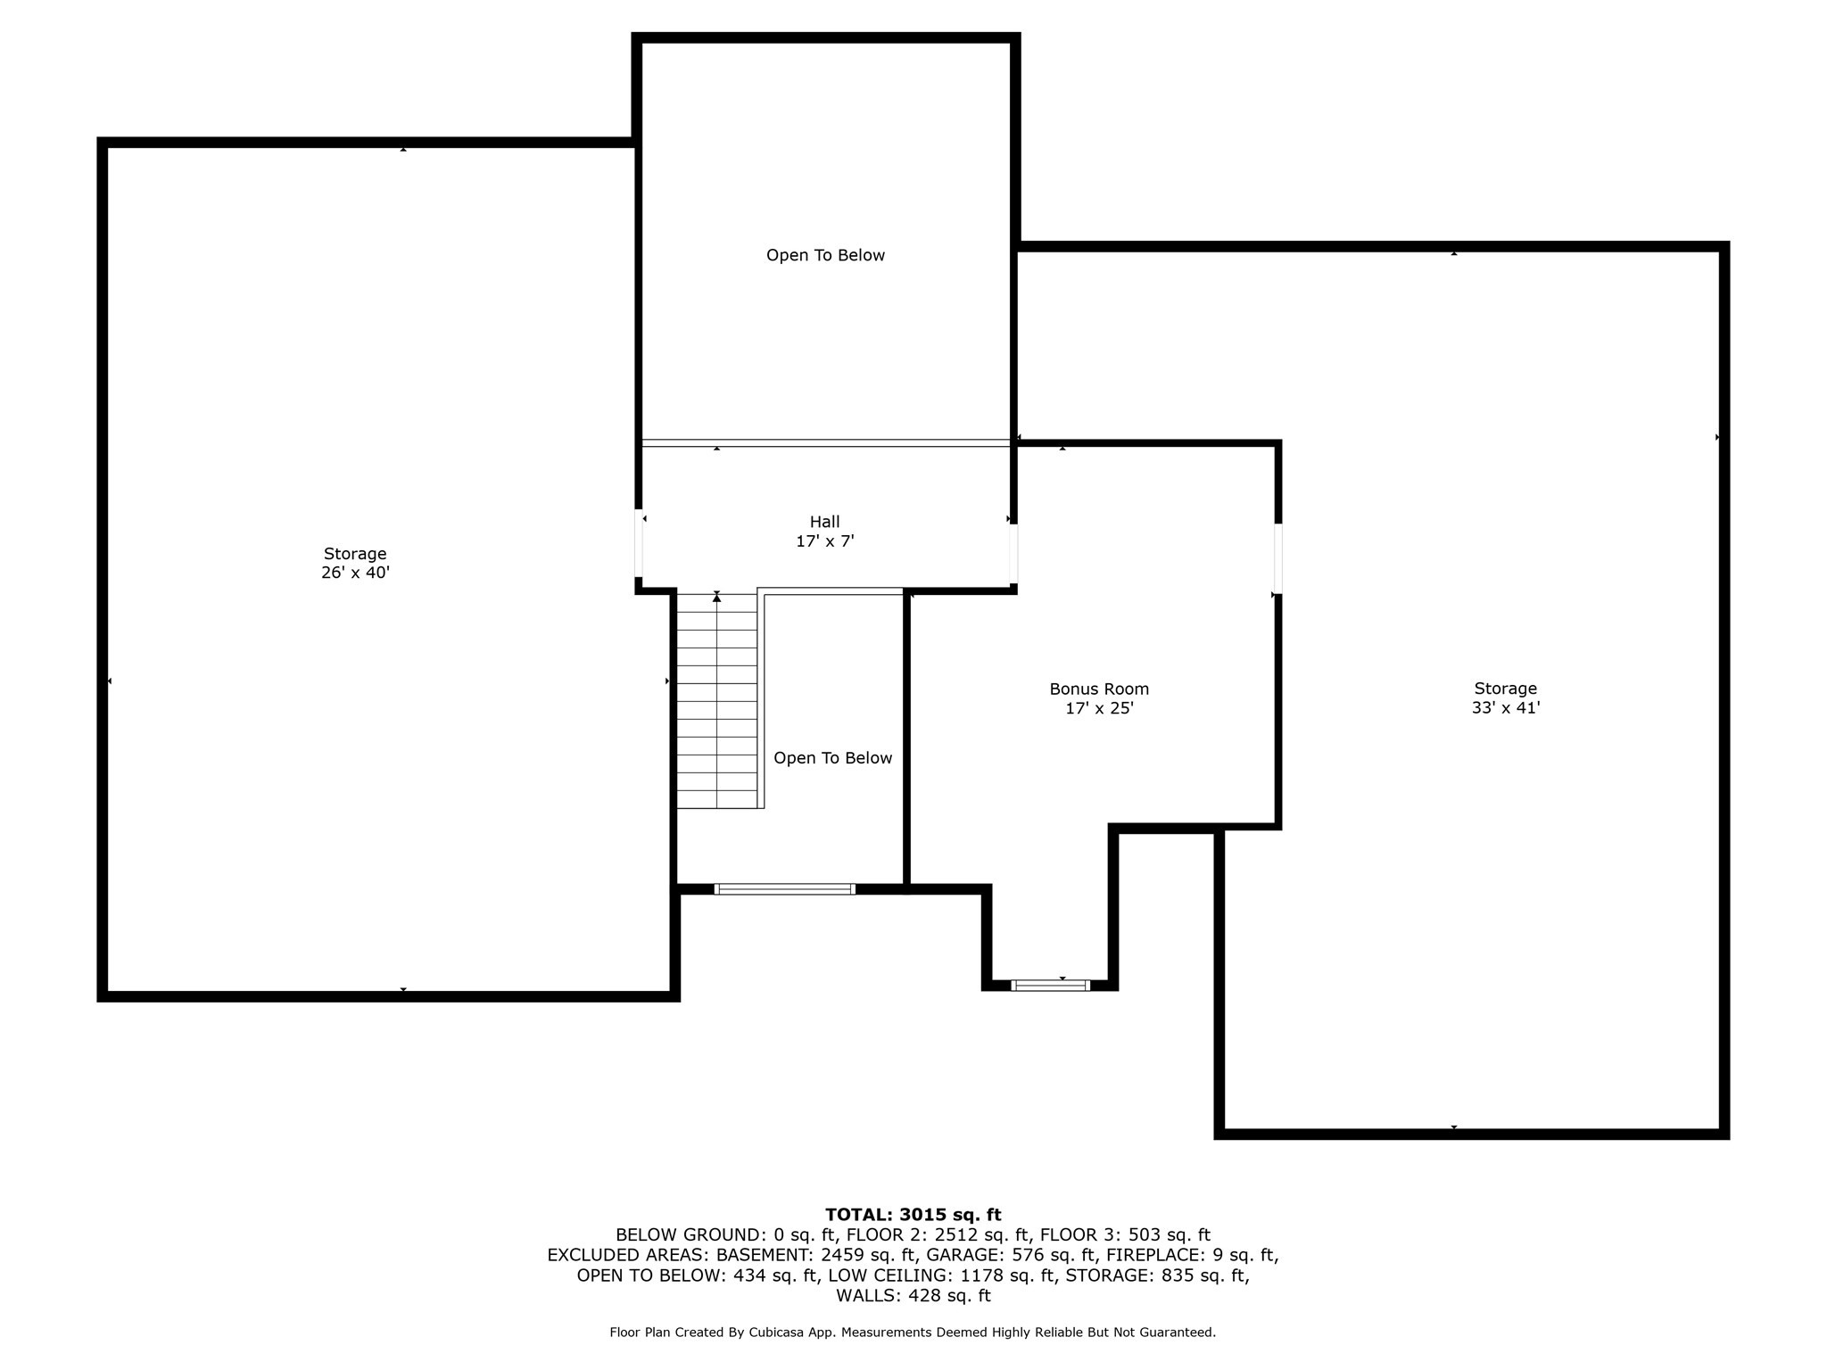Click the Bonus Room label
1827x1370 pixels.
tap(1098, 689)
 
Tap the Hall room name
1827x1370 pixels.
tap(824, 522)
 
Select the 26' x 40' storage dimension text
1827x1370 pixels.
tap(355, 573)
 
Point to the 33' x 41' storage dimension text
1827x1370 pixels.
tap(1505, 708)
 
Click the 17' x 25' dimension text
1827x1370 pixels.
tap(1098, 709)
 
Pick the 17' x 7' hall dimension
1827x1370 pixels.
tap(824, 541)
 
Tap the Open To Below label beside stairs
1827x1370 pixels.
tap(832, 758)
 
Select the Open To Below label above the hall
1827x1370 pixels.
tap(825, 255)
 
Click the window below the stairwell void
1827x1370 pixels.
tap(785, 888)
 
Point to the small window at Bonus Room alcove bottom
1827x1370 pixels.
tap(1050, 985)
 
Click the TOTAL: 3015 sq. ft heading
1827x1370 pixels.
tap(913, 1214)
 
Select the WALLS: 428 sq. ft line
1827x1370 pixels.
tap(913, 1295)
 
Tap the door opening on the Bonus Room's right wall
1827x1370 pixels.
tap(1277, 558)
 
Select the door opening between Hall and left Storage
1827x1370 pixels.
tap(639, 543)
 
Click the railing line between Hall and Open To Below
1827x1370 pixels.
tap(825, 442)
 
